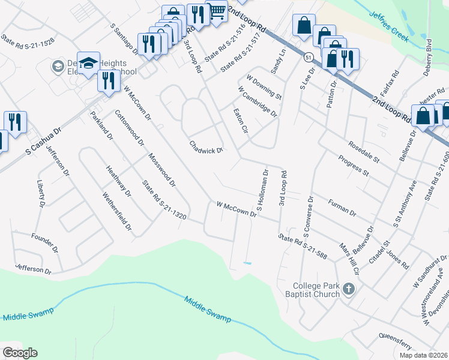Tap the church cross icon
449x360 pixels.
click(x=348, y=290)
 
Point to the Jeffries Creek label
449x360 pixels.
click(x=389, y=27)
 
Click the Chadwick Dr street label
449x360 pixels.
click(x=206, y=147)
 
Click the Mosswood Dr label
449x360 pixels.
click(x=161, y=168)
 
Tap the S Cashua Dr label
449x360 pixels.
click(x=44, y=142)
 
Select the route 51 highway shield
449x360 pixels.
click(x=309, y=57)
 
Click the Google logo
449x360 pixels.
click(x=20, y=353)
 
